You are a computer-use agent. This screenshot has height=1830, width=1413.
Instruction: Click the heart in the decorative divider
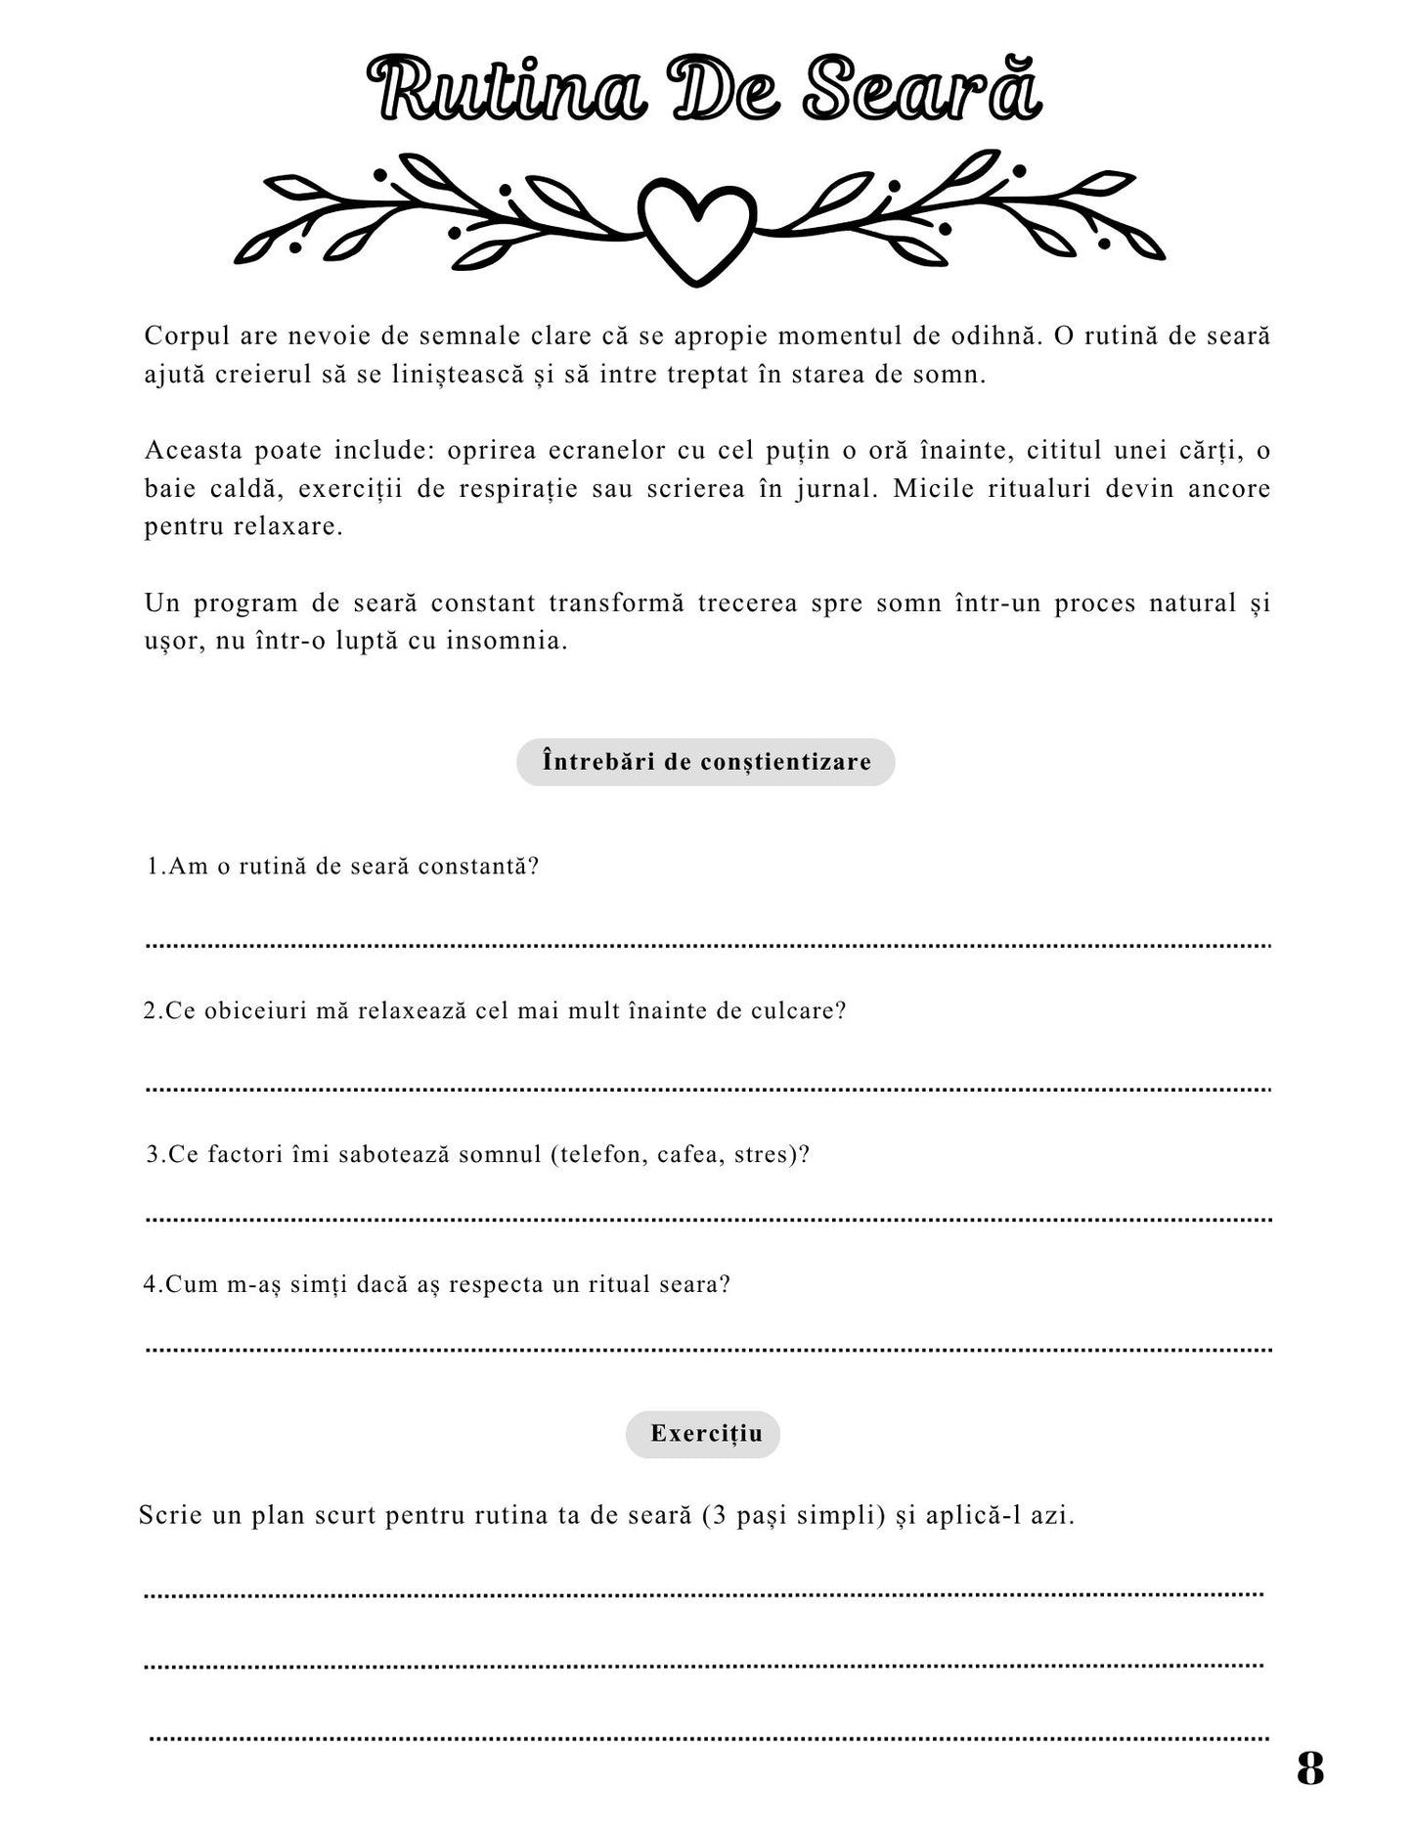click(x=696, y=231)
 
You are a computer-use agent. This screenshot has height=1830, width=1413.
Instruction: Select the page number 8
click(x=1309, y=1768)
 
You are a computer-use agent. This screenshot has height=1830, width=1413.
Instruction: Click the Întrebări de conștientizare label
click(x=706, y=762)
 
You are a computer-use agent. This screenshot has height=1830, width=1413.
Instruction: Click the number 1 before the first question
click(x=153, y=867)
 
